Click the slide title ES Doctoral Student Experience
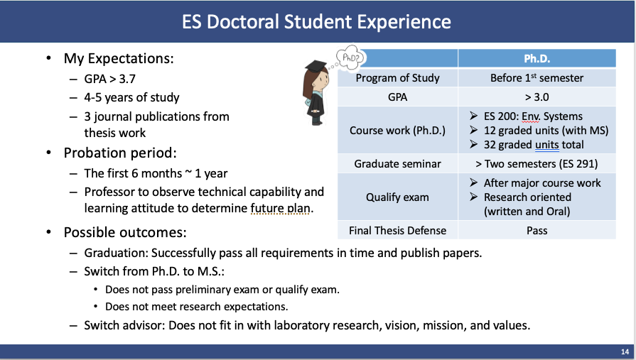coord(316,22)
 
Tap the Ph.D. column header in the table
coord(537,59)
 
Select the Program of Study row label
coord(397,78)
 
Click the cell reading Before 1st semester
coord(537,78)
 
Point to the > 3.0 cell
coord(537,97)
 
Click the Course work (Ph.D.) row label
coord(397,131)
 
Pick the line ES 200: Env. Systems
coord(533,116)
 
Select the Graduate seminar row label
coord(397,164)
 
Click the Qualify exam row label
coord(397,197)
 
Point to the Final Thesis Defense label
coord(397,231)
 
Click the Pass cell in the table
coord(537,231)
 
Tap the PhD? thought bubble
coord(350,58)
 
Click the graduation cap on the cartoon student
coord(316,65)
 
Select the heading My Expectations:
coord(119,59)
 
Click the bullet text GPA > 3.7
coord(110,79)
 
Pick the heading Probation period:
coord(120,153)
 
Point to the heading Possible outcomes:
coord(125,233)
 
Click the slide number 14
coord(625,352)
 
